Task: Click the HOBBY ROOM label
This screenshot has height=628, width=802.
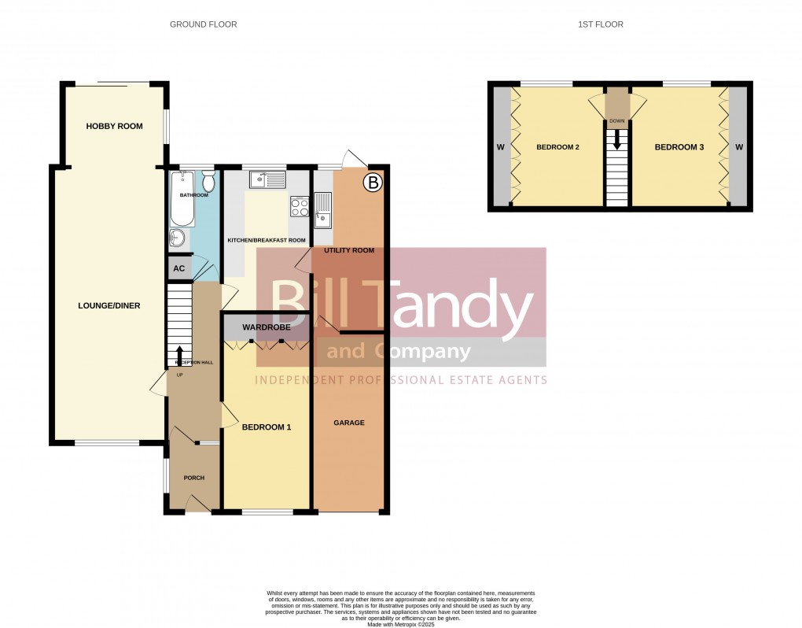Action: tap(115, 126)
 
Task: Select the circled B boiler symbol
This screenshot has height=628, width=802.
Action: tap(373, 184)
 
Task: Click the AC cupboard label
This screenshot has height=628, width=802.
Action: tap(179, 268)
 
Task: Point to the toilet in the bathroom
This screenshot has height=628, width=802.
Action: tap(208, 181)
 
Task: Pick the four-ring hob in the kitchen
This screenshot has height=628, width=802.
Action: tap(300, 207)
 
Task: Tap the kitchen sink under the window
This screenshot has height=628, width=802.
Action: tap(267, 181)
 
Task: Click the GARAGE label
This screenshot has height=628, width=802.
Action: tap(349, 423)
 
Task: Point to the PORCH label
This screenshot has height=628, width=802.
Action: tap(194, 478)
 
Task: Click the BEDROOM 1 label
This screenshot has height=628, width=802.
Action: tap(267, 427)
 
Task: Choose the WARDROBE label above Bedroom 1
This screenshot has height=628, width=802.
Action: tap(267, 327)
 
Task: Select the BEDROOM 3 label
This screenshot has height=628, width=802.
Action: tap(679, 147)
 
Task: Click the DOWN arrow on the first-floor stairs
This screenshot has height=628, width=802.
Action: tap(617, 139)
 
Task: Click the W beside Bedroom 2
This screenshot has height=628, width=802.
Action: tap(500, 147)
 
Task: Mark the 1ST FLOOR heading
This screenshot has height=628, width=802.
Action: tap(601, 24)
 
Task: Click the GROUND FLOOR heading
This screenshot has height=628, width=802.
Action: tap(204, 24)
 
